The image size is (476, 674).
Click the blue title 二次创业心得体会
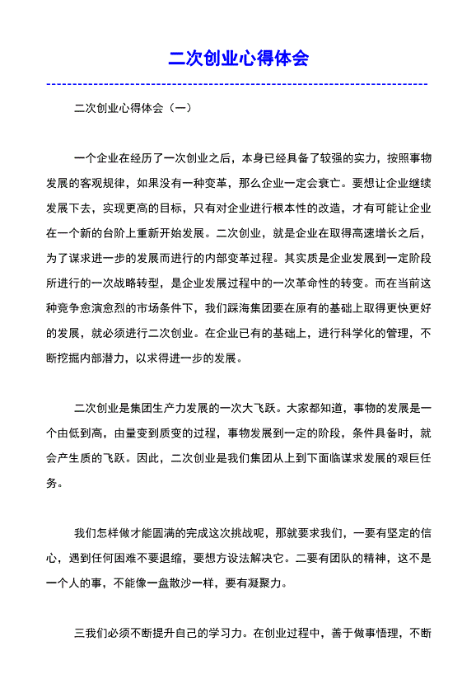point(238,59)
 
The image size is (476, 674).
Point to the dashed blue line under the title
point(238,84)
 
